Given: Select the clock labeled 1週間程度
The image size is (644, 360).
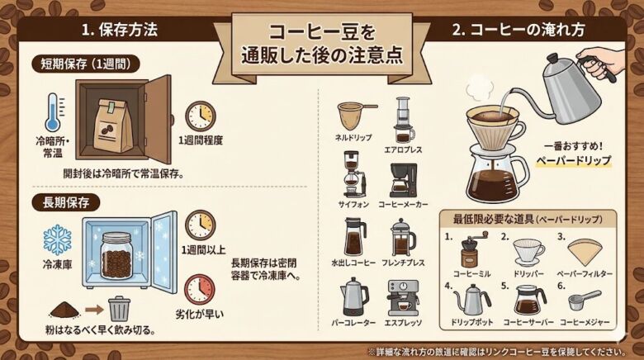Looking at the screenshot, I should click(x=200, y=116).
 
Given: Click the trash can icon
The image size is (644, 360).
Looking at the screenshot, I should click(x=120, y=308).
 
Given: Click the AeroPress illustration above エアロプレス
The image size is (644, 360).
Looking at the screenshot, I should click(x=403, y=119).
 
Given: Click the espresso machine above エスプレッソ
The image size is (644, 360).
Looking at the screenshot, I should click(x=403, y=296).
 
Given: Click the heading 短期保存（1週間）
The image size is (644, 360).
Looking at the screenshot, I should click(x=86, y=63).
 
